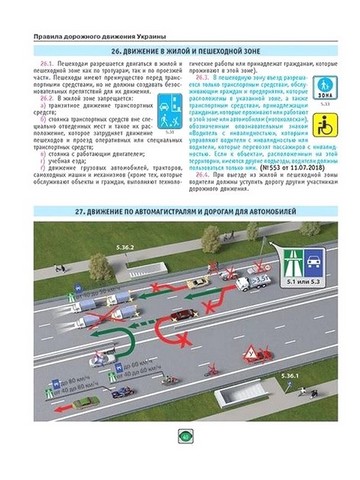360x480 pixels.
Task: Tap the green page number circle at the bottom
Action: (180, 462)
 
